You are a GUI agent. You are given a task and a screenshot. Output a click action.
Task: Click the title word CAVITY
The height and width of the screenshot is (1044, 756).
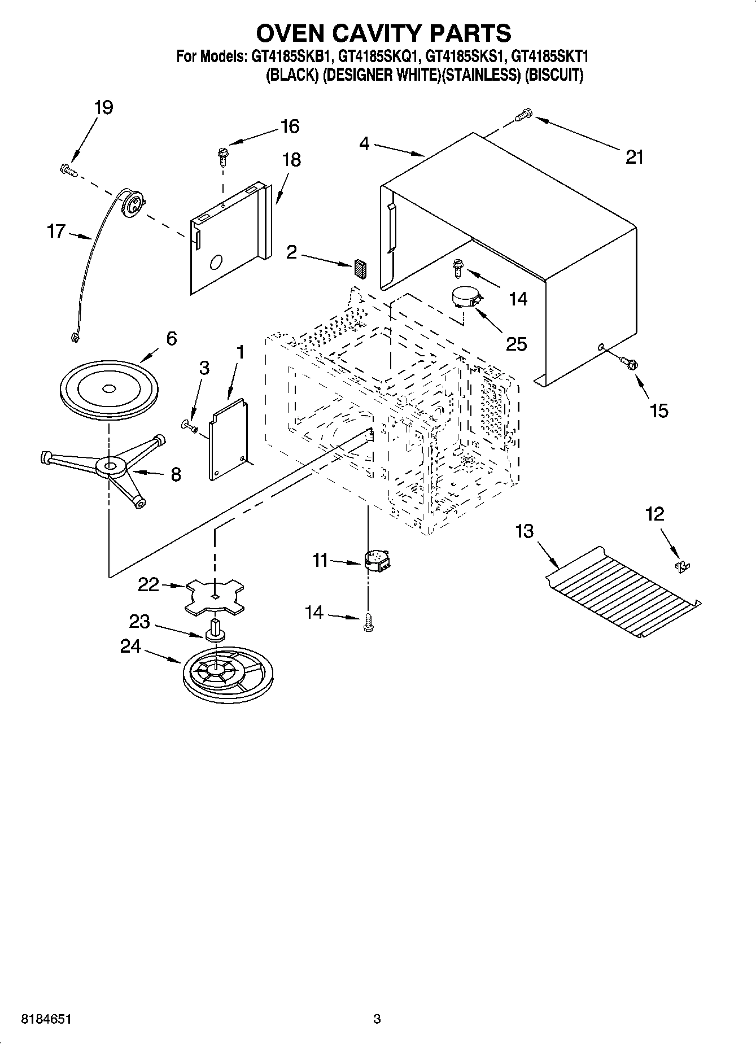coord(384,33)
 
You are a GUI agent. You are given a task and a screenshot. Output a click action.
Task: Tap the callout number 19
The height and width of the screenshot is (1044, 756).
coord(103,107)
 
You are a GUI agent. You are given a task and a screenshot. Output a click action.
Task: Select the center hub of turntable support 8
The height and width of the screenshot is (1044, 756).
coord(110,467)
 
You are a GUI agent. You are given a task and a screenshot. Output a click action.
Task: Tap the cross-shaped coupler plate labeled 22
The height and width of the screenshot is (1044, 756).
coord(216,596)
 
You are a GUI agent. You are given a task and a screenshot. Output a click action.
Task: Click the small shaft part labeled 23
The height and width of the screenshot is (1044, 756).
coord(215,630)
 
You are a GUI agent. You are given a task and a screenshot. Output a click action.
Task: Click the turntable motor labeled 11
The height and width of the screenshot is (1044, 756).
coord(377,561)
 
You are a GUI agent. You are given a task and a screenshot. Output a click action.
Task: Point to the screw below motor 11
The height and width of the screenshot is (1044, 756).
coord(369,621)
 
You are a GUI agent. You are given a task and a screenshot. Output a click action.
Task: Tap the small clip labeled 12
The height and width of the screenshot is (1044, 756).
coord(683,566)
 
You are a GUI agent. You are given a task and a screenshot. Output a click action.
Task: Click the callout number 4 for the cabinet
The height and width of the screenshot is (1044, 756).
coord(364,145)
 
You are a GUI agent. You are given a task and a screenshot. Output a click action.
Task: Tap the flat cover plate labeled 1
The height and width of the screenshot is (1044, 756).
coord(228,439)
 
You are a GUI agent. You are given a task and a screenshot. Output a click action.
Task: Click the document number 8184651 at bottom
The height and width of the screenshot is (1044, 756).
coord(47,1019)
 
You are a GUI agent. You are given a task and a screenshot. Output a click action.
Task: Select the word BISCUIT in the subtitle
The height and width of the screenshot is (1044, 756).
coord(554,75)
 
